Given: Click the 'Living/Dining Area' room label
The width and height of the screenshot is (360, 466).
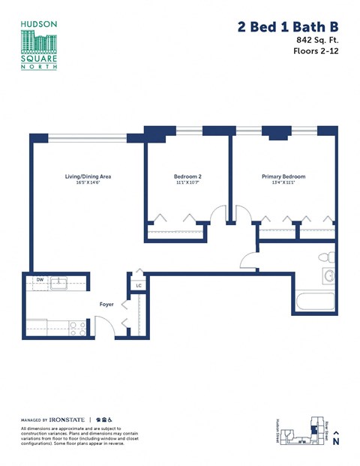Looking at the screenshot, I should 88,177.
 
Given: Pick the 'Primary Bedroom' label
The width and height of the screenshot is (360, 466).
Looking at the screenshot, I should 283,177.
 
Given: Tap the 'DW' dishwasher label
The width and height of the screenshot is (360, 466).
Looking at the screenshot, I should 39,281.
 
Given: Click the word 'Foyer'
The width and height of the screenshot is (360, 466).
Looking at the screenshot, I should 106,305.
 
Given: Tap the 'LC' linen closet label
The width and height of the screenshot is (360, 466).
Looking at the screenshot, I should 139,285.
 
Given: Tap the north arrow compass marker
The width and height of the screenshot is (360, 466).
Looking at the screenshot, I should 335,439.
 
